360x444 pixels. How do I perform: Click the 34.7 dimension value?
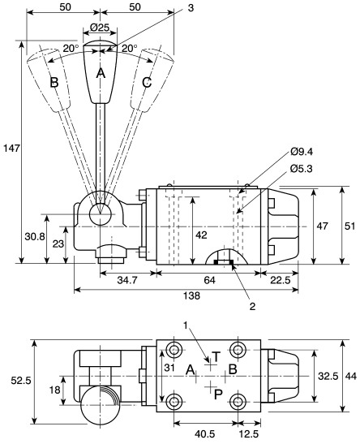[126, 280]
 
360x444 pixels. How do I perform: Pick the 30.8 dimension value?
[32, 236]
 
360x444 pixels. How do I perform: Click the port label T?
[216, 357]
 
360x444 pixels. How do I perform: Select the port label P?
[217, 394]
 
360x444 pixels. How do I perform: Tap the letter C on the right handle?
[145, 83]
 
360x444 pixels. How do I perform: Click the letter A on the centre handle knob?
[101, 72]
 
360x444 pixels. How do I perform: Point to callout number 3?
[190, 7]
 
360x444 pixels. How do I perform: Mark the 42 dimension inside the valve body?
[202, 235]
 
